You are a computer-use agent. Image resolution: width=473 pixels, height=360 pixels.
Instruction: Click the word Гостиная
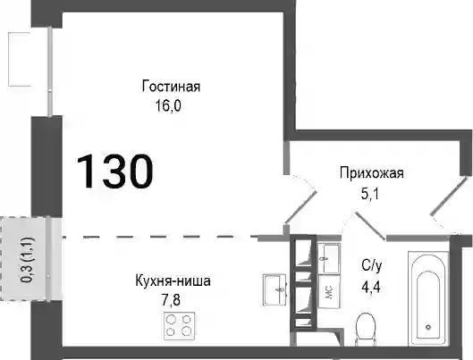pos(171,87)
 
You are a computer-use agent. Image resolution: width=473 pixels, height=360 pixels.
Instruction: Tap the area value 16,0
pos(168,105)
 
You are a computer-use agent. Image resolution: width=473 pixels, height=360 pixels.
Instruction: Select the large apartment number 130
pos(115,172)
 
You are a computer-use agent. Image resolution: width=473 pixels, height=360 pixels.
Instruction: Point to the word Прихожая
pos(372,173)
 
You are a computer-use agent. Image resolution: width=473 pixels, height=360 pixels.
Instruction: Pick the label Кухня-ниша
pos(173,281)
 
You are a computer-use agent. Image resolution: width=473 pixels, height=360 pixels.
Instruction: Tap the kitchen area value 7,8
pos(171,300)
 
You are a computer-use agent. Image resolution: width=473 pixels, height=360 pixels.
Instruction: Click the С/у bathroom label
pos(372,265)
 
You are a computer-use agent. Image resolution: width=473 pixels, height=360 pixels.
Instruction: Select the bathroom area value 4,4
pos(371,287)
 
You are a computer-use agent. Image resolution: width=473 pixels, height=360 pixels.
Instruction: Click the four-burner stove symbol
pos(179,326)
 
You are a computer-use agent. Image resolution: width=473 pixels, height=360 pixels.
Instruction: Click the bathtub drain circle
pos(428,327)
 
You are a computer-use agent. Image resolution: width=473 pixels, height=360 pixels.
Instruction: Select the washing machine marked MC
pos(329,291)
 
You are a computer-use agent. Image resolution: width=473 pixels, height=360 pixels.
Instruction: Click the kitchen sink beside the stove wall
pos(275,289)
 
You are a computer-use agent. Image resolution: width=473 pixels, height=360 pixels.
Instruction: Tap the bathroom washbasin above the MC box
pos(329,259)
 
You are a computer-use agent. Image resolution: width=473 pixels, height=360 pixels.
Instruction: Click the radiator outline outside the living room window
pos(19,59)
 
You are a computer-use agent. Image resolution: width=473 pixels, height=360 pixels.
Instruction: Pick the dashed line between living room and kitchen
pos(160,237)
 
